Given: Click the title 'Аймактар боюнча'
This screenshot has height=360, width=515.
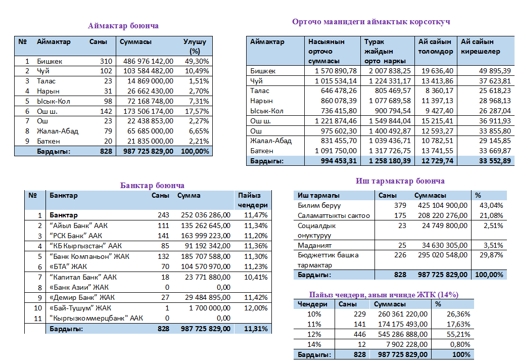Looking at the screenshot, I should pyautogui.click(x=123, y=26).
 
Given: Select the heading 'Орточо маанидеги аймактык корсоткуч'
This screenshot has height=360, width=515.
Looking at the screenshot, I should pyautogui.click(x=371, y=22).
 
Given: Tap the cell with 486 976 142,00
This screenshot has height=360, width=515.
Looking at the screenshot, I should pyautogui.click(x=149, y=61).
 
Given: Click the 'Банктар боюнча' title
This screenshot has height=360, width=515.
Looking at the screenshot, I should pyautogui.click(x=152, y=186).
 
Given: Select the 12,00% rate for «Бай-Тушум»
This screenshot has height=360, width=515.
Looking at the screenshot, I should pyautogui.click(x=255, y=308).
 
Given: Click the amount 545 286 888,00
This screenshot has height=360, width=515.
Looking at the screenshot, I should pyautogui.click(x=402, y=334).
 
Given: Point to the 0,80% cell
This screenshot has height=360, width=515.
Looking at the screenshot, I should pyautogui.click(x=460, y=344).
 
